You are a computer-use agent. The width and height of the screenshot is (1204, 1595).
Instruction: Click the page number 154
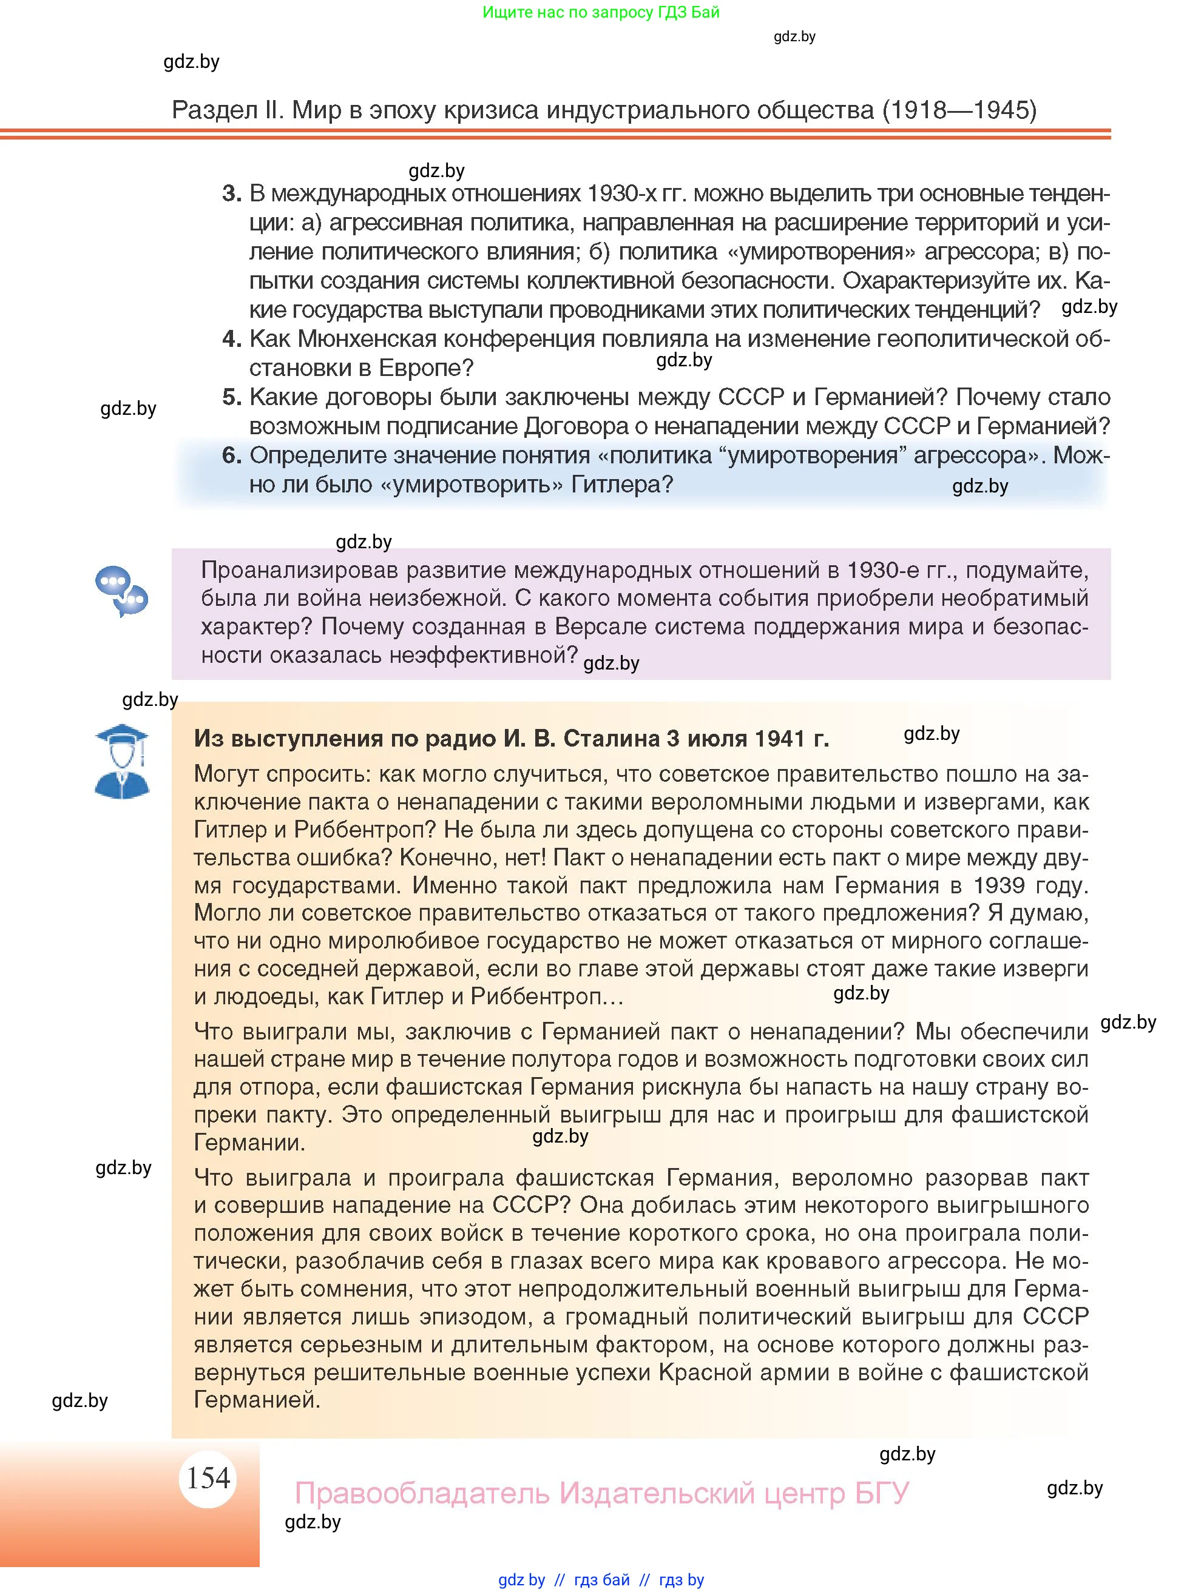click(x=208, y=1477)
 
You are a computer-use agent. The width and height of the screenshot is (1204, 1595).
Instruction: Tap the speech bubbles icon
click(x=121, y=591)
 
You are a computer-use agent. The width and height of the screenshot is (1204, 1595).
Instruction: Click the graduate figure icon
click(x=122, y=762)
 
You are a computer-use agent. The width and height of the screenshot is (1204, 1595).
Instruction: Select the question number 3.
click(x=231, y=193)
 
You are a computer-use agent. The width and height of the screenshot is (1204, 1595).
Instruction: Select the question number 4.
click(x=231, y=338)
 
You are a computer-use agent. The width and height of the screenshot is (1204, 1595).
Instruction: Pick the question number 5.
click(x=231, y=397)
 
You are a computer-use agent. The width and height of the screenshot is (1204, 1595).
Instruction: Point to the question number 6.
click(x=231, y=455)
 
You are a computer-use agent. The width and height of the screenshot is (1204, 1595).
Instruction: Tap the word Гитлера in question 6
click(x=622, y=484)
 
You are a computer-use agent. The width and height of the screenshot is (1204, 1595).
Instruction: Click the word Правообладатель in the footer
click(x=423, y=1493)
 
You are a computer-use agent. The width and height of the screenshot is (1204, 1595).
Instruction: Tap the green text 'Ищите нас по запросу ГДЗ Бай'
click(x=600, y=12)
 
